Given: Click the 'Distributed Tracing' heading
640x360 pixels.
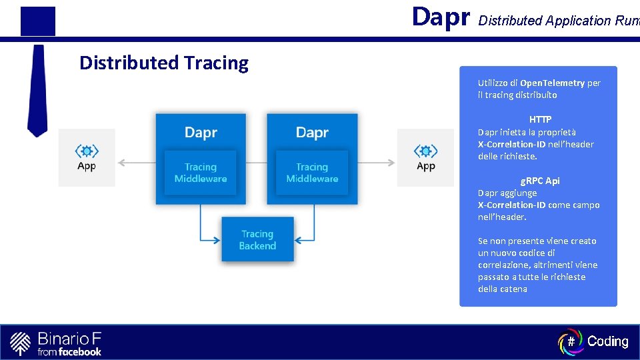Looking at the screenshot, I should tap(164, 63).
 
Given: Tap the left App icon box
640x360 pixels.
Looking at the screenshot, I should tap(87, 157).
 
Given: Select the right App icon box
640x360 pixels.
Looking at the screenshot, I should tap(425, 157).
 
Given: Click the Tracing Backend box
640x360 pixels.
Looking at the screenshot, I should tap(257, 240).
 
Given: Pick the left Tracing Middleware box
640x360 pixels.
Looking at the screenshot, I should tap(201, 173).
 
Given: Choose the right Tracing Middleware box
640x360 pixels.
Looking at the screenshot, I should tap(312, 173).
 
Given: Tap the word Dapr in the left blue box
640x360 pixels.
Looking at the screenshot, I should tap(201, 133).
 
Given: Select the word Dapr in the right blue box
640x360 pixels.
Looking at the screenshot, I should tap(312, 133).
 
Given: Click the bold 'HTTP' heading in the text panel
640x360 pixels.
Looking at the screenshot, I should tap(540, 119).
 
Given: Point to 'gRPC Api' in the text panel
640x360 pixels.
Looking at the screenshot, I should tap(540, 181).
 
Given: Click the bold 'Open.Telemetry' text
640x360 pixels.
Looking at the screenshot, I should tap(552, 83).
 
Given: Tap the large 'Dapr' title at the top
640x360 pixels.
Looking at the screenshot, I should tap(441, 17).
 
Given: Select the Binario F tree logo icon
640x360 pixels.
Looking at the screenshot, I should tap(21, 343).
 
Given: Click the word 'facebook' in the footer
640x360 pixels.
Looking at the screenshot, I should tap(80, 351).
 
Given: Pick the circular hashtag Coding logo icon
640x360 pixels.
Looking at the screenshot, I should tap(571, 341).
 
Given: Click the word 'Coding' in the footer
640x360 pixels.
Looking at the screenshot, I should tap(608, 341).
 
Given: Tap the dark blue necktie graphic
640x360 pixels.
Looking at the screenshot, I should tap(37, 90).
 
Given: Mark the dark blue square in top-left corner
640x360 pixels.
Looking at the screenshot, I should tap(38, 21).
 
